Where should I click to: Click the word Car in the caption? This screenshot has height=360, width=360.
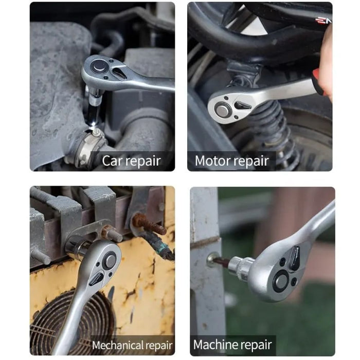pyautogui.click(x=112, y=161)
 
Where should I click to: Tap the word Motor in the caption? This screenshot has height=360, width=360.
pyautogui.click(x=211, y=161)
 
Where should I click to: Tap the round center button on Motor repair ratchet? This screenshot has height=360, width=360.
pyautogui.click(x=222, y=110)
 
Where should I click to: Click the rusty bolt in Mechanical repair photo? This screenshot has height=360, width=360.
pyautogui.click(x=149, y=224)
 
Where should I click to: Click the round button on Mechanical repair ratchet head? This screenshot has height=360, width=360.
pyautogui.click(x=110, y=260)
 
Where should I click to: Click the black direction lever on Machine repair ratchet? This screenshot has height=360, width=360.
pyautogui.click(x=294, y=258)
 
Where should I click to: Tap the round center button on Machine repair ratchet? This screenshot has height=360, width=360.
pyautogui.click(x=281, y=281)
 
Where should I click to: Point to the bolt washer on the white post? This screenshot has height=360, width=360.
pyautogui.click(x=211, y=260)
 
